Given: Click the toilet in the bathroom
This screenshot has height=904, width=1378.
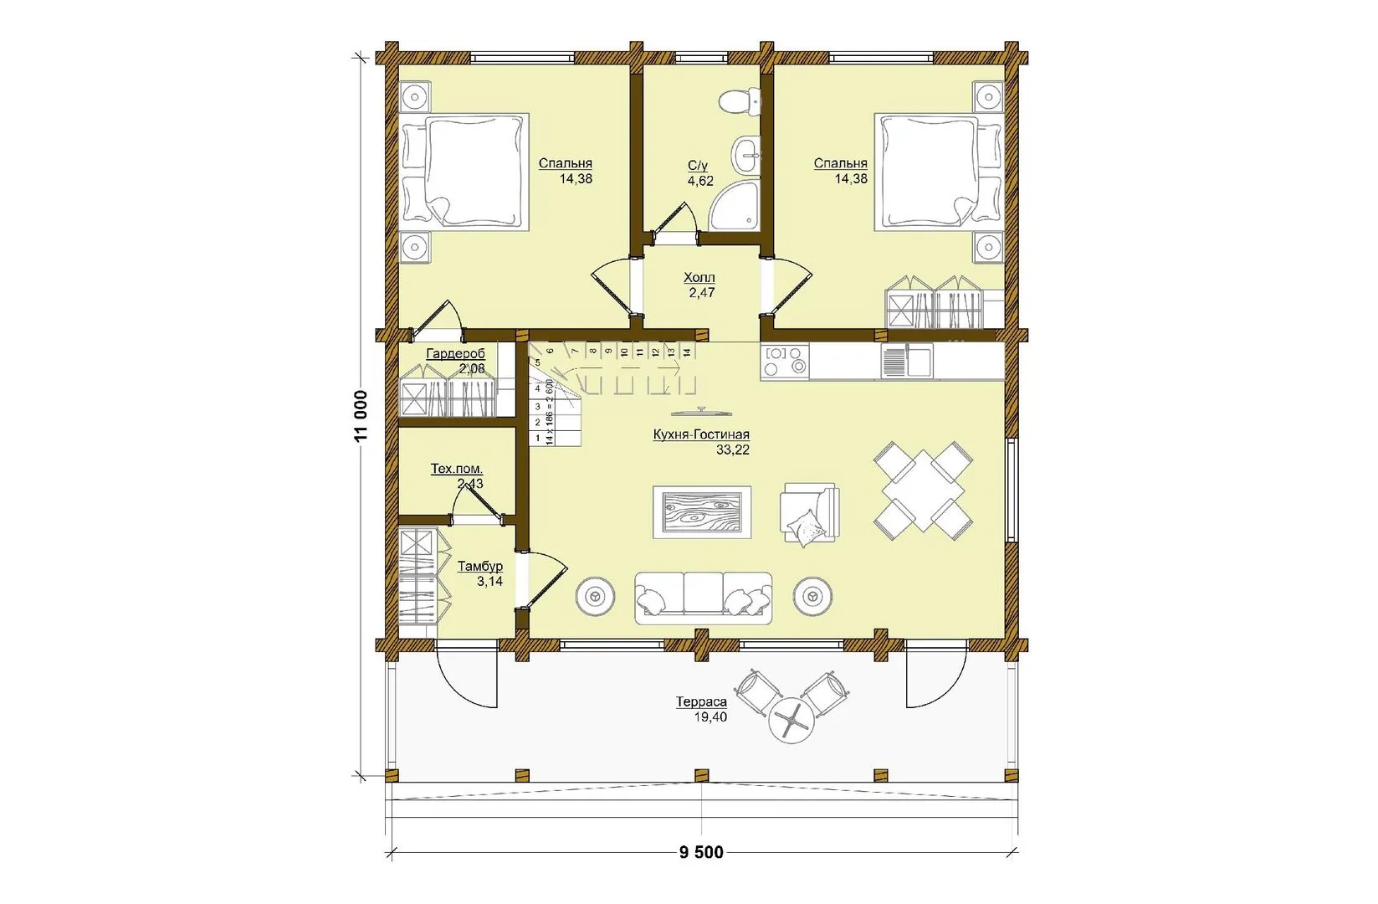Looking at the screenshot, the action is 740,102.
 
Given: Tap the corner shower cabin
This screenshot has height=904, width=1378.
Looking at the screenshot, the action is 735,205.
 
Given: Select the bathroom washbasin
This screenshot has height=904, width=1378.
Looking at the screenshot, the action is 746,155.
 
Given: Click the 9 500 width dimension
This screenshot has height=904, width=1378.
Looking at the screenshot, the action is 701,852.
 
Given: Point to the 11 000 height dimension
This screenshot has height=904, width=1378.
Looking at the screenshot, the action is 361,415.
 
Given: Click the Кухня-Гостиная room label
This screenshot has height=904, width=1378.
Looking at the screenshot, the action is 701,434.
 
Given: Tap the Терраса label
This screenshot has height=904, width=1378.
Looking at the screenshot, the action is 701,701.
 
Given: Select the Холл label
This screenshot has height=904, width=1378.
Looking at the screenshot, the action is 699,278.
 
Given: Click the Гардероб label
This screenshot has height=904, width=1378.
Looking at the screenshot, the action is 455,354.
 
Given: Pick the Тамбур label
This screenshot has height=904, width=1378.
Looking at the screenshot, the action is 480,566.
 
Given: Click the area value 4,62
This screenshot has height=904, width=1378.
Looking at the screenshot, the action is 700,181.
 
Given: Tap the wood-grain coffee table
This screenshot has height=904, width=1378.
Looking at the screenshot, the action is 702,512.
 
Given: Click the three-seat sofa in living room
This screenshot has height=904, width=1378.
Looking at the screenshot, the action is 703,598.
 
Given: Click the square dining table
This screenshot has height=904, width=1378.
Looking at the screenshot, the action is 923,491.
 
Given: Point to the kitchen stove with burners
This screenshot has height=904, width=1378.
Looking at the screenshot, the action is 784,362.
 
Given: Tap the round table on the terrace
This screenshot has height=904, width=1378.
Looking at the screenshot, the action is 791,721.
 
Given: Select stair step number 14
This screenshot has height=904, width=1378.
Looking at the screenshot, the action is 687,352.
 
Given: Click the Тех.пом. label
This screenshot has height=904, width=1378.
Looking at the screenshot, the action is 457,469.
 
